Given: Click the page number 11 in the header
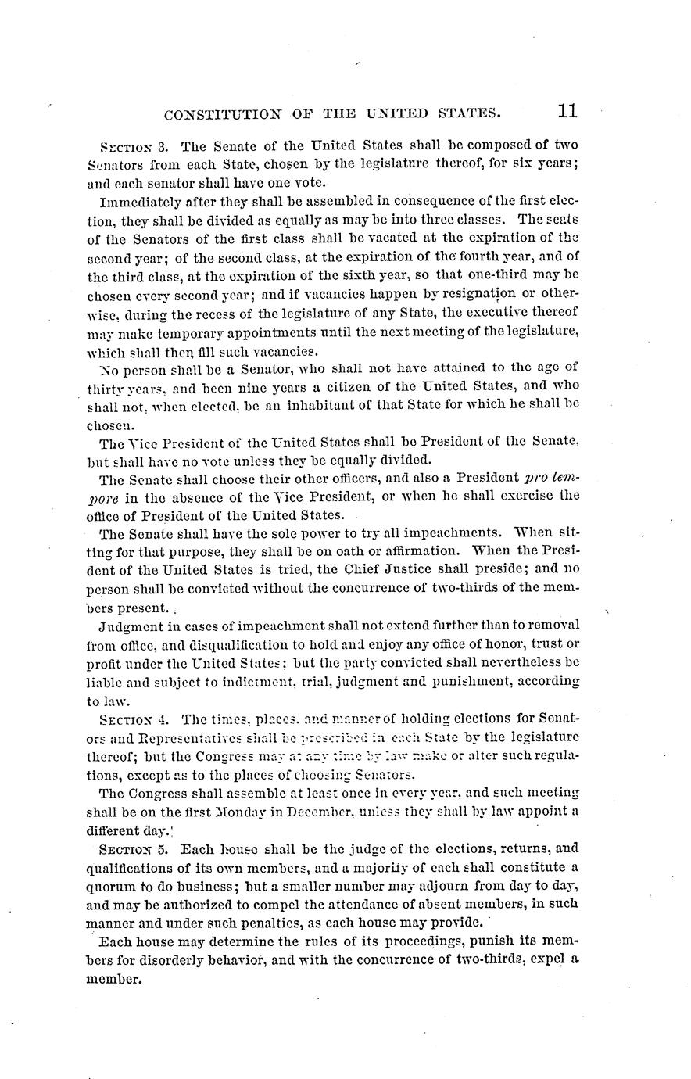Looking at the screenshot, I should pyautogui.click(x=567, y=111).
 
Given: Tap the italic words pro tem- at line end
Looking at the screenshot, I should pyautogui.click(x=551, y=478).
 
